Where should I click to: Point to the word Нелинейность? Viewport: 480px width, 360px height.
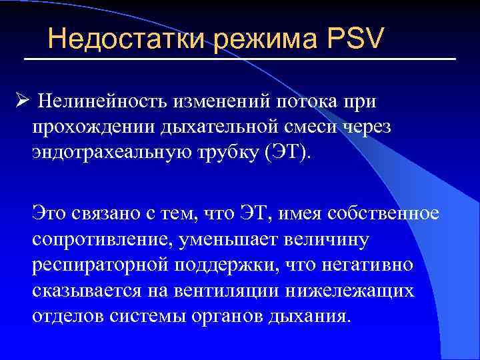point(101,101)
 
